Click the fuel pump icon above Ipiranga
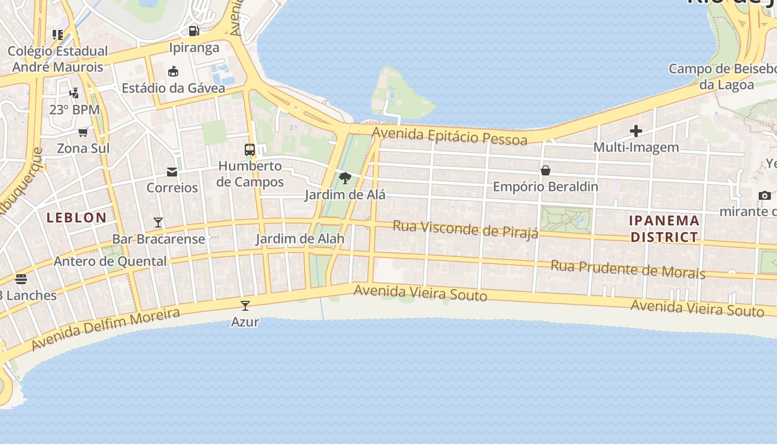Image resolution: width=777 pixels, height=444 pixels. click(x=194, y=31)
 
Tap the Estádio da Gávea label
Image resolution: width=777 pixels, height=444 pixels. click(x=173, y=88)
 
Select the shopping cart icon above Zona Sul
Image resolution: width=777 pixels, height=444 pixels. click(x=83, y=132)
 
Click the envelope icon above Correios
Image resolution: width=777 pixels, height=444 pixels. click(x=172, y=171)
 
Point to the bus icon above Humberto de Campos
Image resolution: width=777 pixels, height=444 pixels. click(x=250, y=149)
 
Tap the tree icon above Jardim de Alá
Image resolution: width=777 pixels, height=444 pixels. click(x=345, y=178)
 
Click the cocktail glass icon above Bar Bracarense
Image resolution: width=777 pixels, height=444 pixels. click(x=158, y=223)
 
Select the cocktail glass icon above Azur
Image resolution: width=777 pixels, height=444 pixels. click(x=245, y=305)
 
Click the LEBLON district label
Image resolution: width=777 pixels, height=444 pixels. click(x=77, y=218)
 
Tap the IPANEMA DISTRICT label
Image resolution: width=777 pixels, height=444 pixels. click(x=664, y=229)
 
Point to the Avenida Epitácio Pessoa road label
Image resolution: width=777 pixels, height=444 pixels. click(x=450, y=135)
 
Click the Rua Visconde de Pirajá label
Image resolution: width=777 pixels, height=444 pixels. click(x=465, y=229)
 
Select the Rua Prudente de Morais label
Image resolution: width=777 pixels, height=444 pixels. click(x=627, y=269)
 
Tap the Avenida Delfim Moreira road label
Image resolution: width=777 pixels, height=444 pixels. click(x=105, y=329)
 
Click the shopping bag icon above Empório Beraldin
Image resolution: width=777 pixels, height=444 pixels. click(x=546, y=170)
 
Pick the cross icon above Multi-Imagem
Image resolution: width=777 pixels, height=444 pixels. click(x=636, y=131)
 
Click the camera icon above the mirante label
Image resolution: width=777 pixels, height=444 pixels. click(x=764, y=195)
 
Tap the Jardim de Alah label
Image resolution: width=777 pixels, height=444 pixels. click(x=300, y=239)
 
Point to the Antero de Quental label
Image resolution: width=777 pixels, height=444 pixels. click(x=110, y=261)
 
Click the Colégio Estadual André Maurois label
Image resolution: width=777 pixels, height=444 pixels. click(x=58, y=59)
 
